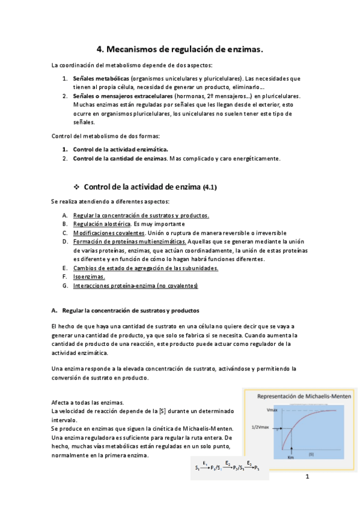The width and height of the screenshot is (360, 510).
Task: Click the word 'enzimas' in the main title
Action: [243, 51]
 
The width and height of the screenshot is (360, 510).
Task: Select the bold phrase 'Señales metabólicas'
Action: [100, 78]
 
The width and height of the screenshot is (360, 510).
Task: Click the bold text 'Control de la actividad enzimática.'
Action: [120, 149]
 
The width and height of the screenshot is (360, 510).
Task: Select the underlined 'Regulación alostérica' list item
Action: [101, 224]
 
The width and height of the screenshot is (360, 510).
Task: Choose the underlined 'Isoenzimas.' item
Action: [89, 277]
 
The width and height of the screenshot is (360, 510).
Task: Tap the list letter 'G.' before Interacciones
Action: [65, 286]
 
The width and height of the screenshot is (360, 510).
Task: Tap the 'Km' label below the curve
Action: [291, 458]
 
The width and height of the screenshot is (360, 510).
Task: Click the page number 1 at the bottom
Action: [307, 478]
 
